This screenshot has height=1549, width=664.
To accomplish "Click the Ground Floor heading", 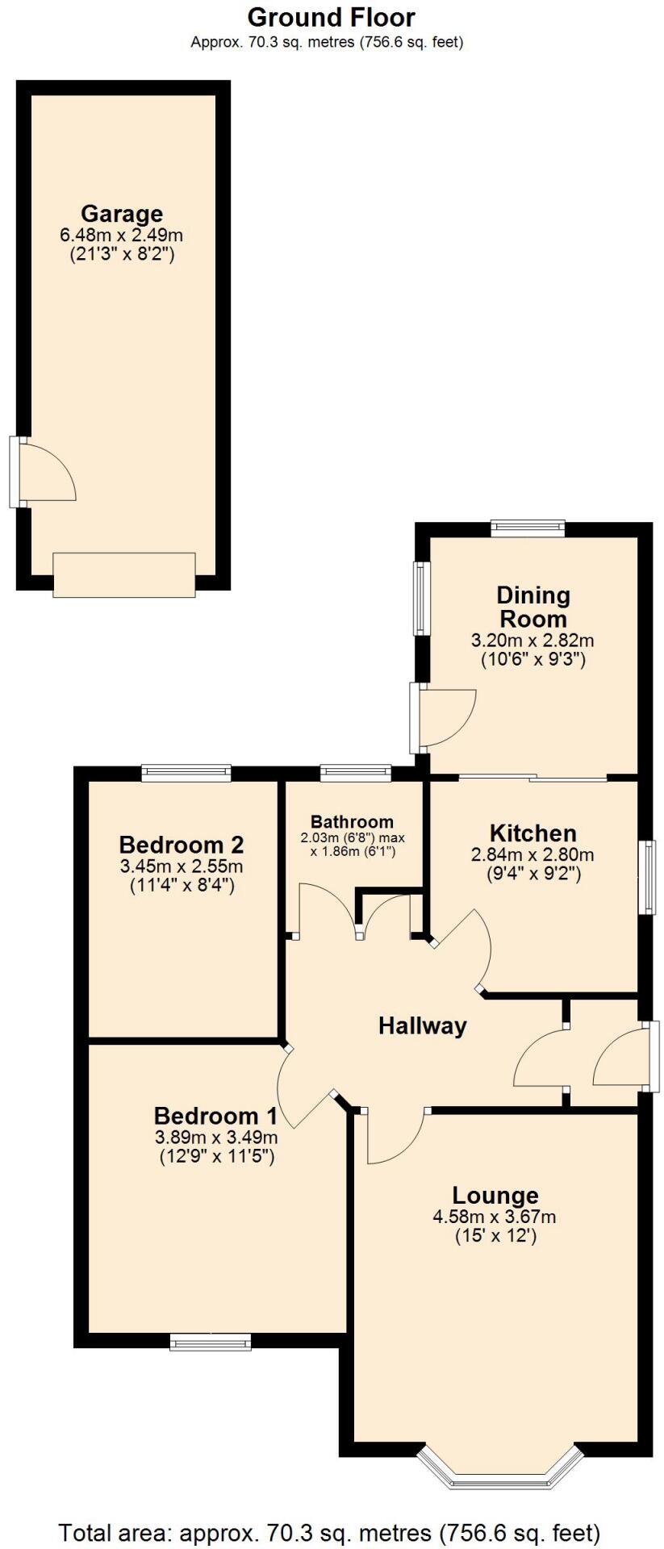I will click(x=331, y=17).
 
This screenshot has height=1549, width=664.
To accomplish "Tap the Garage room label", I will click(x=122, y=214).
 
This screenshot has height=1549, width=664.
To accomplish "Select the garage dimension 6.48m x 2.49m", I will click(x=122, y=236).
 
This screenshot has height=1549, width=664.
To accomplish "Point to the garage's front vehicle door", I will click(x=124, y=574).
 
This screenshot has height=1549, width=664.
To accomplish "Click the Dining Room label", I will click(x=532, y=607).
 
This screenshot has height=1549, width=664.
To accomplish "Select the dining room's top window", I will click(x=528, y=529).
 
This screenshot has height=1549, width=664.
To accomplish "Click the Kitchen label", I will click(x=532, y=833).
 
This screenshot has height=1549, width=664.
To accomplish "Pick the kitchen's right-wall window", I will click(x=646, y=877).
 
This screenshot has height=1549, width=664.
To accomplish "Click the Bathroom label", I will click(x=353, y=821).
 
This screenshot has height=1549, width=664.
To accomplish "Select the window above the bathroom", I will click(x=356, y=774).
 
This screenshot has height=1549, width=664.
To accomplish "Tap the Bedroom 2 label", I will click(x=182, y=845).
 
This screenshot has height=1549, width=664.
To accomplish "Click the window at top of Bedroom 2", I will click(x=186, y=774).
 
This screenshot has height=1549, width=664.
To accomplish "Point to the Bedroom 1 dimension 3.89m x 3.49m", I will click(x=215, y=1138).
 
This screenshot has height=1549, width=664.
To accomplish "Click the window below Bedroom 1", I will click(x=211, y=1342).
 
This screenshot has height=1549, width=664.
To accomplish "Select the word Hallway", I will click(x=423, y=1025).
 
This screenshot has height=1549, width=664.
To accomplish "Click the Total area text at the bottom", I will click(x=330, y=1531).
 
